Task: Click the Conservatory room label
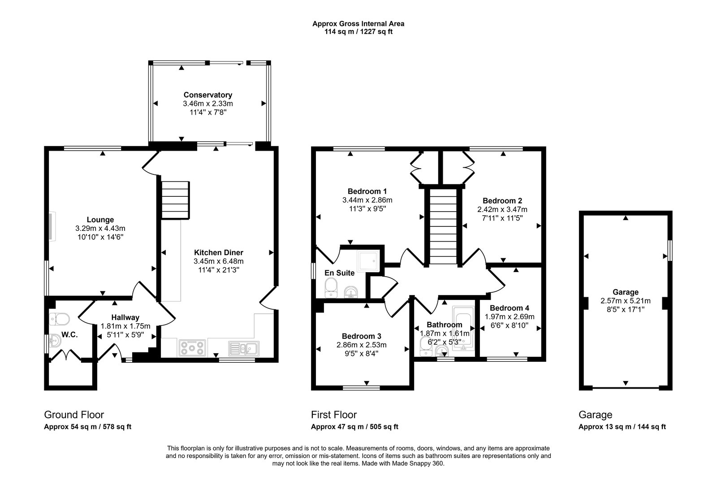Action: point(207,95)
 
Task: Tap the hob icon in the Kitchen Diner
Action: point(192,347)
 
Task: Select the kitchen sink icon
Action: point(243,347)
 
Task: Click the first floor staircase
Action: point(443,226)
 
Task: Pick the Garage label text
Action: point(626,292)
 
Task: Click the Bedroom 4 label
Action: point(510,308)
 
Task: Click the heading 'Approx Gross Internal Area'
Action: point(358,24)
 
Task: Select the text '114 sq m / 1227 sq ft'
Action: point(358,32)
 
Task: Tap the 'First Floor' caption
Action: point(334,415)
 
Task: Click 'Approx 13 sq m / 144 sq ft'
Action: point(622,427)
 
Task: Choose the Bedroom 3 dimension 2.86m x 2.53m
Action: point(361,345)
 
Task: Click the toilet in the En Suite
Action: point(331,286)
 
